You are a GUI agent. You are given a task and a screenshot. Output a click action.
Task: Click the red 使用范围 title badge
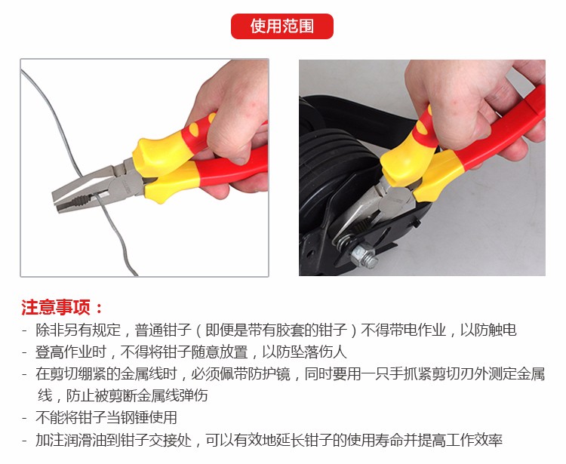(x=282, y=26)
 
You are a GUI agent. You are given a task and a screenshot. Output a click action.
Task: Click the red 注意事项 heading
(x=62, y=307)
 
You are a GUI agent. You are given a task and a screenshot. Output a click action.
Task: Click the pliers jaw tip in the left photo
(x=56, y=202)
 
